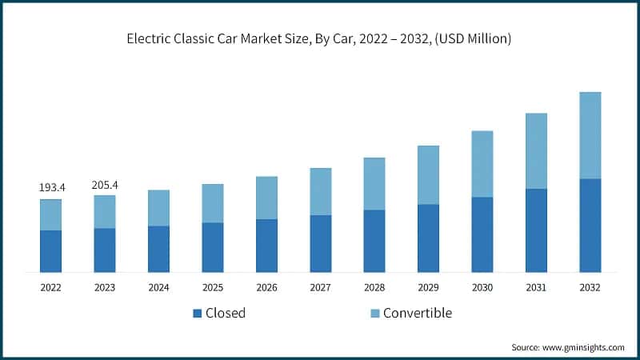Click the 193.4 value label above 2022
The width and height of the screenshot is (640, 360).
tap(52, 187)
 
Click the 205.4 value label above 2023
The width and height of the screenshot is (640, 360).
tap(105, 185)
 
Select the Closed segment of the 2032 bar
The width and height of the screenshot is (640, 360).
tap(590, 225)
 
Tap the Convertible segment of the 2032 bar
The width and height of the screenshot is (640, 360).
tap(590, 135)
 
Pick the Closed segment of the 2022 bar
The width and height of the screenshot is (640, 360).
tap(50, 251)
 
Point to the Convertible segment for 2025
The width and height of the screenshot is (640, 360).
tap(213, 203)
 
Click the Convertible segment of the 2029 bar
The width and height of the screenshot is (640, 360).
tap(428, 175)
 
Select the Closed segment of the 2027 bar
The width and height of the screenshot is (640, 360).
tap(321, 243)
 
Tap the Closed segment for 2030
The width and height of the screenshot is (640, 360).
tap(482, 234)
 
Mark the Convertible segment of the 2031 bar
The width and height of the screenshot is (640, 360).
tap(536, 151)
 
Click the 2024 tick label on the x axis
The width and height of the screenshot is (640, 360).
tap(158, 287)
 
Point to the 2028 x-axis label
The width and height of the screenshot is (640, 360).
tap(374, 287)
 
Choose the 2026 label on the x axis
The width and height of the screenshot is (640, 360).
tap(266, 287)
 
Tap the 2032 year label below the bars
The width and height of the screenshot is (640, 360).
tap(590, 287)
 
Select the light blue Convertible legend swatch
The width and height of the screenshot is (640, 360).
tap(374, 314)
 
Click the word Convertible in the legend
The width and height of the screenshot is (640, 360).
tap(418, 313)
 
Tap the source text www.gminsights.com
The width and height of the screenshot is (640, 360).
tap(584, 347)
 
